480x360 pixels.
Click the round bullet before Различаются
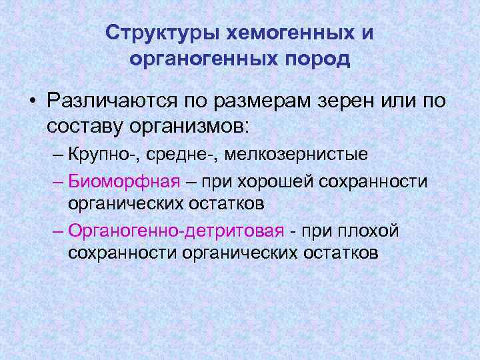tap(31, 100)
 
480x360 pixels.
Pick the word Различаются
tap(111, 99)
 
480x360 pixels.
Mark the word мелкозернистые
tap(295, 155)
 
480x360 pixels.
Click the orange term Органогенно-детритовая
tap(175, 231)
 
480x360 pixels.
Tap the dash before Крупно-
tap(57, 155)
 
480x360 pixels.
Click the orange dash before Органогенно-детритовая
tap(57, 231)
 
